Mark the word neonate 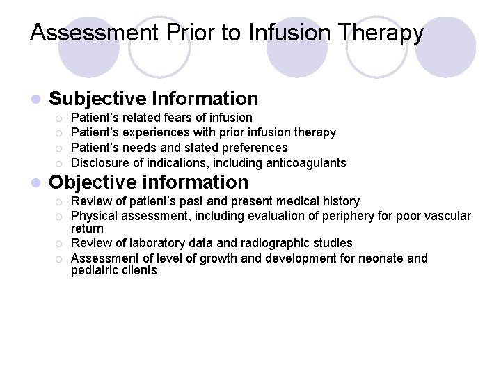(380, 258)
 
